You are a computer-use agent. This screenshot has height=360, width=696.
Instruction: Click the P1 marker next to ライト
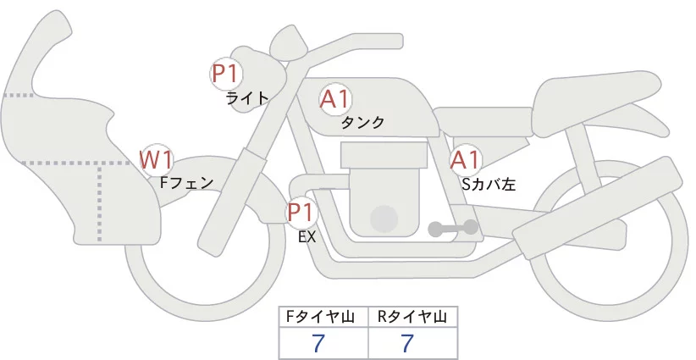pos(225,74)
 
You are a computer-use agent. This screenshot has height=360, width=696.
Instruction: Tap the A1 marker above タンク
pos(335,100)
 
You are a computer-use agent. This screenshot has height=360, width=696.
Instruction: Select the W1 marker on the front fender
pos(157,158)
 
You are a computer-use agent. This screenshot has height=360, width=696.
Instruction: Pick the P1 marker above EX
pos(301,211)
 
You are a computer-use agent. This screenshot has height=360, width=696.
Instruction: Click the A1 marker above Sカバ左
pos(465,160)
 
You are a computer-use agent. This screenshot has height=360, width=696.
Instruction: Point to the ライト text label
pos(247,98)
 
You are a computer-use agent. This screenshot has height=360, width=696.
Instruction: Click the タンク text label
pos(362,123)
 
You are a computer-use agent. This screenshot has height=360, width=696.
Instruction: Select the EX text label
pos(307,238)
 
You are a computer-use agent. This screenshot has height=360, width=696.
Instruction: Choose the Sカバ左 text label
pos(489,182)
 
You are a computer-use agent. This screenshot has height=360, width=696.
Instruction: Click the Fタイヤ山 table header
pos(323,317)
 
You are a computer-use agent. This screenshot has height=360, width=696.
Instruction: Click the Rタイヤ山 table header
pos(412,317)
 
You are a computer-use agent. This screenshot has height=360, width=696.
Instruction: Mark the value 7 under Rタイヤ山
pos(408,343)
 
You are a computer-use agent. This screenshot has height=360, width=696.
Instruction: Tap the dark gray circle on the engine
pos(384,219)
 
